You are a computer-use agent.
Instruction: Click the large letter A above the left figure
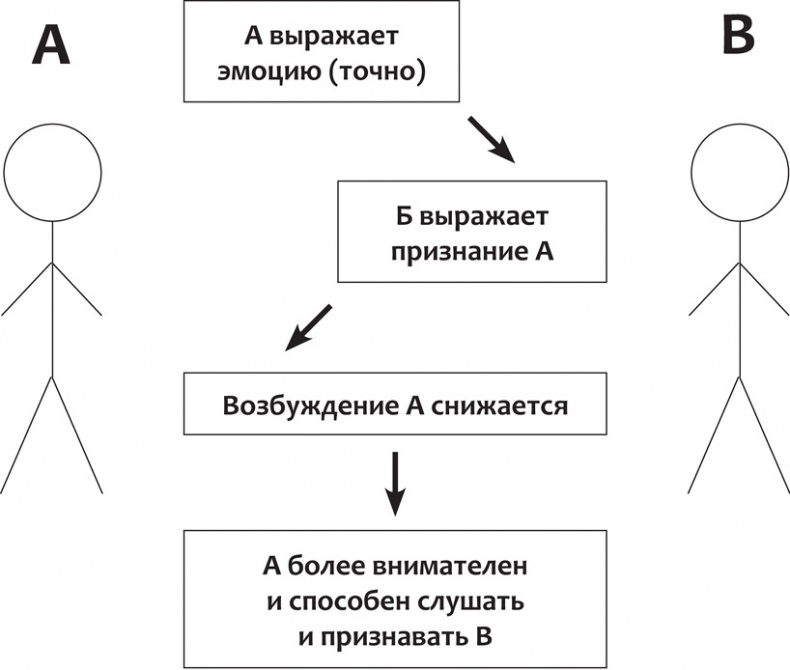coord(51,44)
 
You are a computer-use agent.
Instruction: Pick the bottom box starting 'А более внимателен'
coord(396,599)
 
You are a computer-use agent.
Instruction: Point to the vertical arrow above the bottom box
coord(396,483)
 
